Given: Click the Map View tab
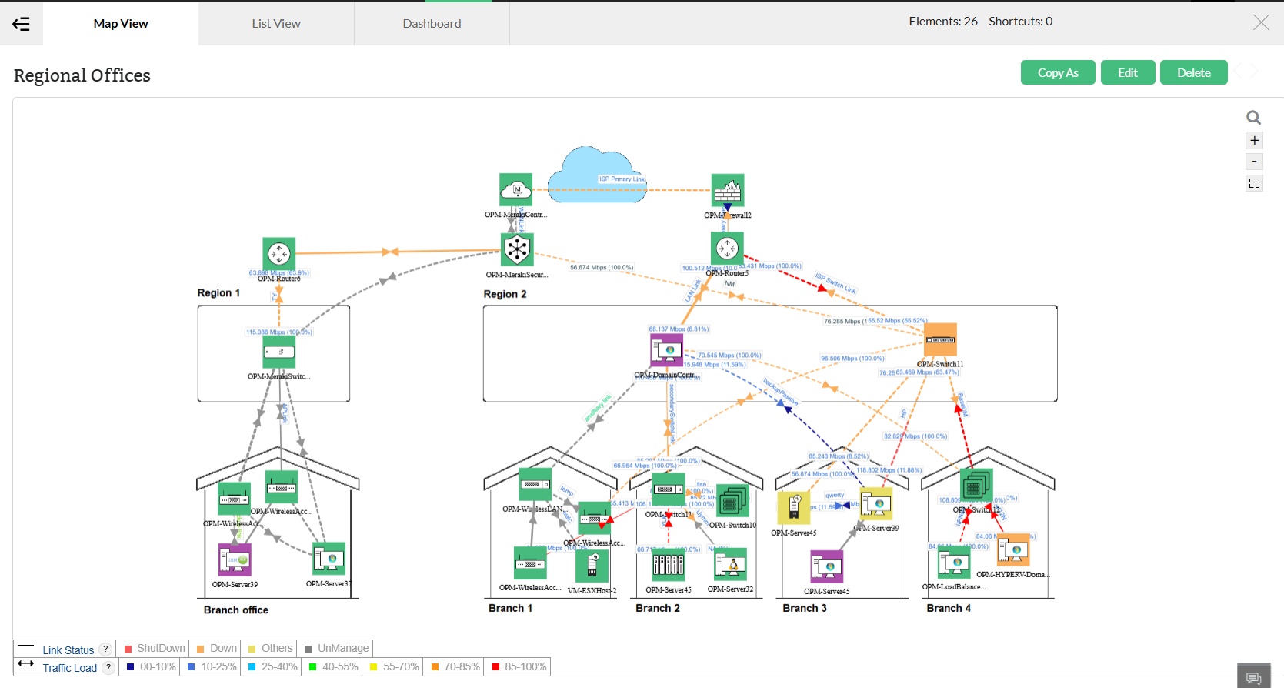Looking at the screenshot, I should (121, 24).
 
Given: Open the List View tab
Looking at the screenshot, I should (276, 24).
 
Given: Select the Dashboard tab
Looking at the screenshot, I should (432, 24).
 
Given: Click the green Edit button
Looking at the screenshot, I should (1127, 73).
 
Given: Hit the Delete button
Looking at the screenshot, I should (1193, 73).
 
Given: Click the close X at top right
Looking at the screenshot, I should (1261, 22).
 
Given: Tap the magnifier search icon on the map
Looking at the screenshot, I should (1254, 118).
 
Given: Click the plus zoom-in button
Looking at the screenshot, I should (1254, 140).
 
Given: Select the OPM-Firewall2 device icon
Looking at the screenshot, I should (728, 191).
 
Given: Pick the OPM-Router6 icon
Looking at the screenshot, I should (279, 253).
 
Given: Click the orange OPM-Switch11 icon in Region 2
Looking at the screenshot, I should (940, 339).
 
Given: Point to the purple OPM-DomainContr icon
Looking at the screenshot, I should (667, 350).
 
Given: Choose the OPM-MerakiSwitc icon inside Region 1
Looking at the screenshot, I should (279, 352).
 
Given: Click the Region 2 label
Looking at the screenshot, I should (505, 294).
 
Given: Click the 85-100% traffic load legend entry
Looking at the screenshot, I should (519, 667).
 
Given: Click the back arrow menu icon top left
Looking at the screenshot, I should (22, 24).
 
